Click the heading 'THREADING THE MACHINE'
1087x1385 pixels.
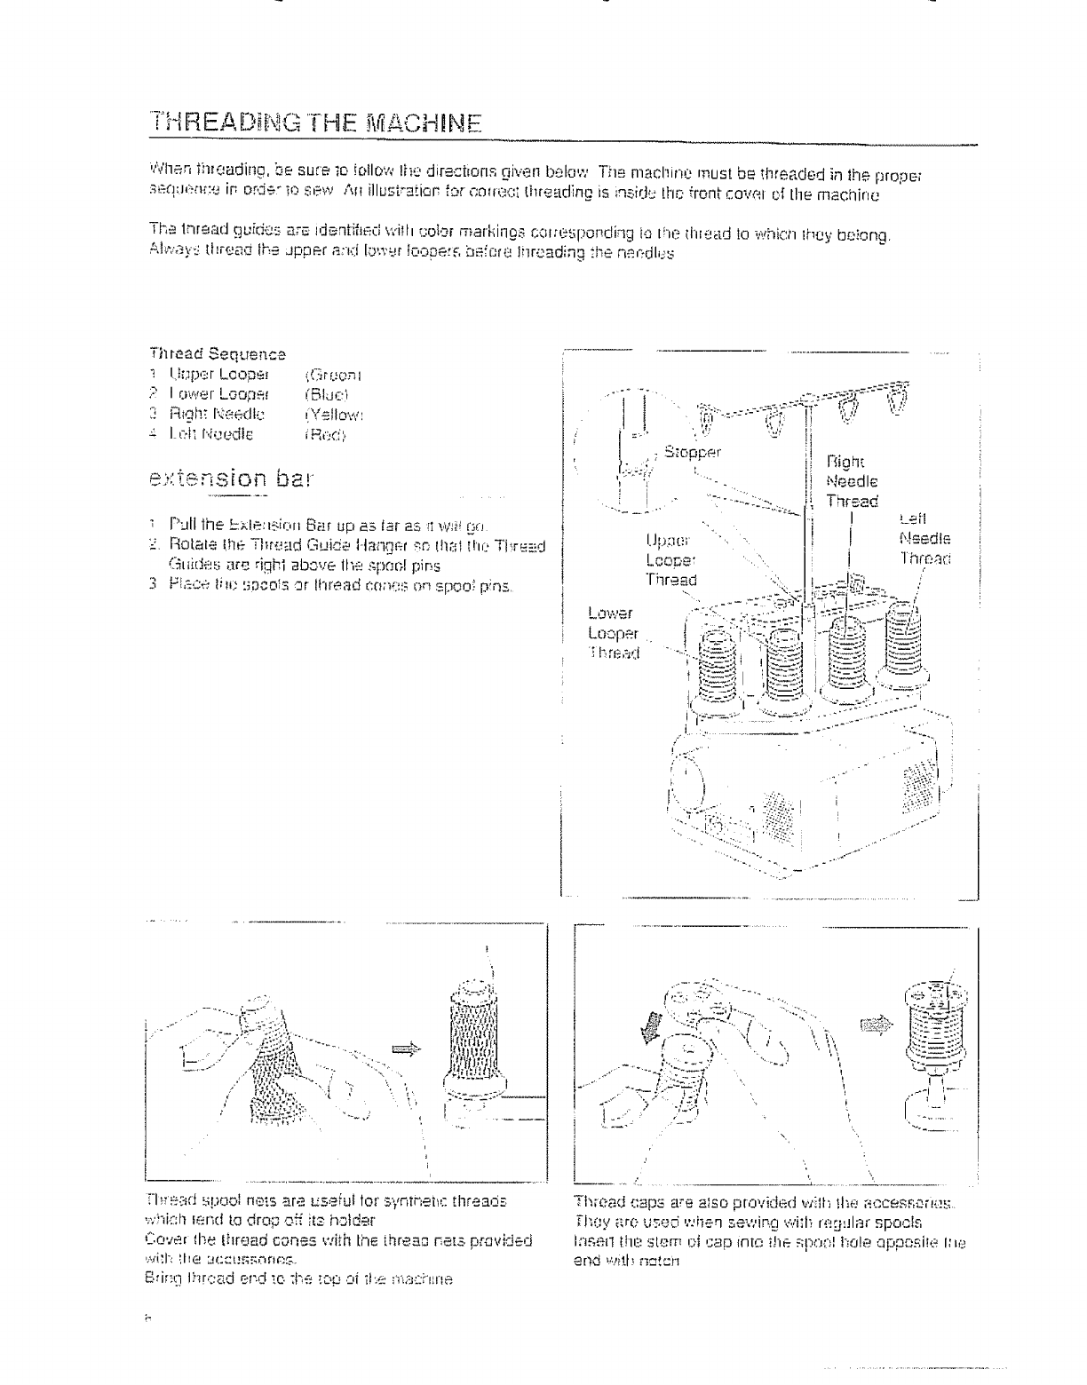pos(316,120)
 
